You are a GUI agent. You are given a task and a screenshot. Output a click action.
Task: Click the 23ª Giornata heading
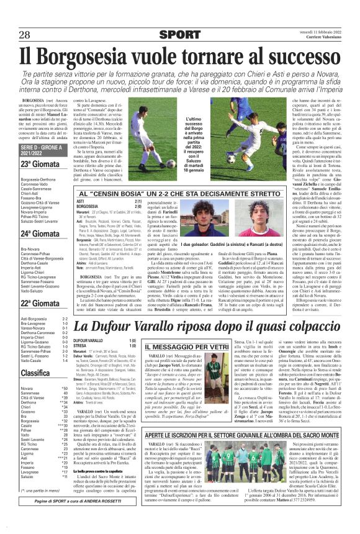(x=38, y=164)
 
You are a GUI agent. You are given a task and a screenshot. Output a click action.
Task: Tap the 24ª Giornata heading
(x=38, y=233)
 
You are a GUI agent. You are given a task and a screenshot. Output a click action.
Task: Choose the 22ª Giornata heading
(x=38, y=304)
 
